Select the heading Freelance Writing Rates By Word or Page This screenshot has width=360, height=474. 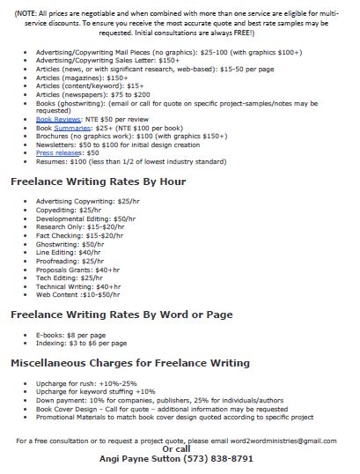click(122, 315)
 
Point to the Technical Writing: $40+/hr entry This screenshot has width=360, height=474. click(79, 285)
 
